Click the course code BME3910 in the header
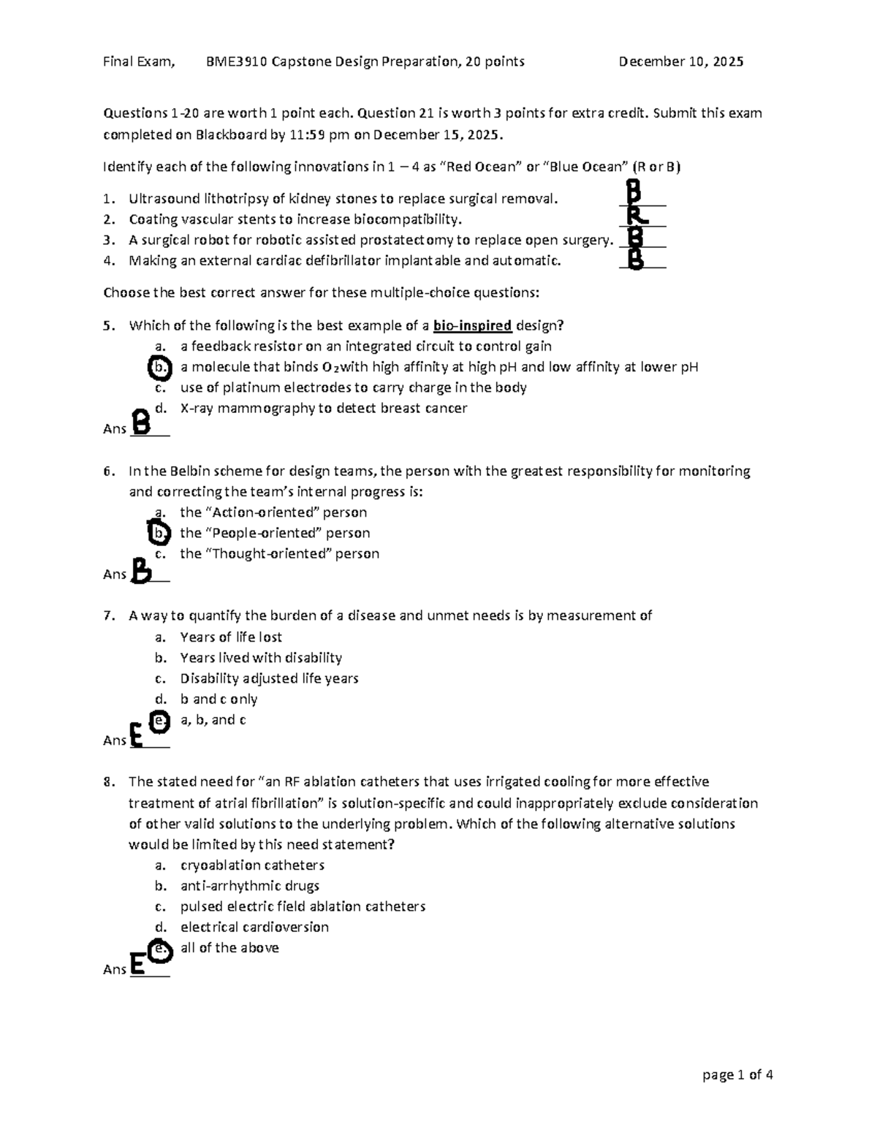pyautogui.click(x=237, y=62)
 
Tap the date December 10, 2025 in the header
pyautogui.click(x=680, y=62)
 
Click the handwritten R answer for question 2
pyautogui.click(x=636, y=215)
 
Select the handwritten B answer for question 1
pyautogui.click(x=634, y=194)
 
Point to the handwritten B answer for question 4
pyautogui.click(x=636, y=258)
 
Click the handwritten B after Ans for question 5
pyautogui.click(x=143, y=423)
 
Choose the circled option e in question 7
pyautogui.click(x=159, y=721)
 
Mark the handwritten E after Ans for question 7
pyautogui.click(x=136, y=734)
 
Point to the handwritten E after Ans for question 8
pyautogui.click(x=136, y=964)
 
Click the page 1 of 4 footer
pyautogui.click(x=737, y=1075)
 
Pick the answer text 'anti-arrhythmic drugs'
pyautogui.click(x=249, y=887)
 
